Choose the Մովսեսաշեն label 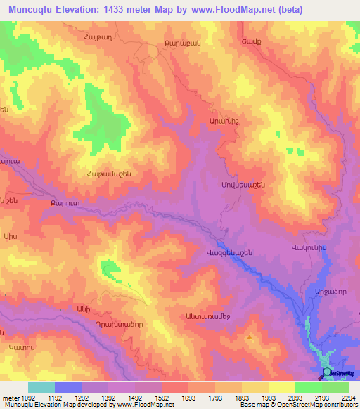click(x=238, y=185)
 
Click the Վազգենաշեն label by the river click(x=229, y=252)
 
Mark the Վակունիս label click(x=309, y=249)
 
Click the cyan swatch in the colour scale click(x=41, y=387)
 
